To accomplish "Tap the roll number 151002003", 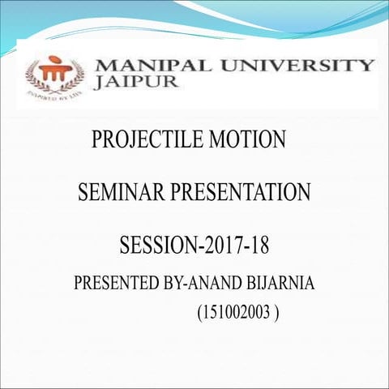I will click(x=237, y=312).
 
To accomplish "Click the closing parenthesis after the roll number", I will click(x=278, y=313).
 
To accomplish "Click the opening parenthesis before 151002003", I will click(x=199, y=313).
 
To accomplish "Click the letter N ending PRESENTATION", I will click(x=303, y=194).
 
